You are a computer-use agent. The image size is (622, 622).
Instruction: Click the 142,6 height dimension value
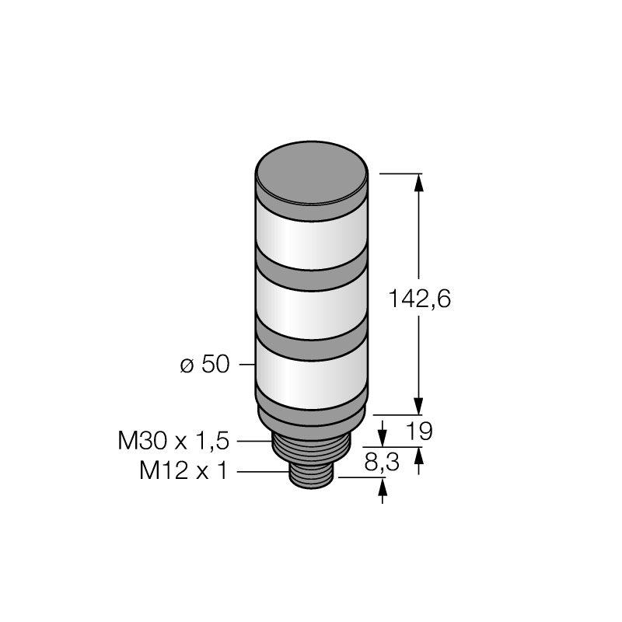(x=419, y=299)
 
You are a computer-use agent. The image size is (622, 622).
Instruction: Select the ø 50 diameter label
(x=204, y=364)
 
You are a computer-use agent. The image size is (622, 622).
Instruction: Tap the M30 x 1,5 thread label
(x=173, y=441)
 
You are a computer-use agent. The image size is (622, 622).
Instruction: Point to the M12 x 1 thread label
(x=184, y=471)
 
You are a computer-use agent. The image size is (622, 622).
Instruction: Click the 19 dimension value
(x=419, y=432)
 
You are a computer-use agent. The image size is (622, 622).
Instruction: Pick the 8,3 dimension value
(x=382, y=463)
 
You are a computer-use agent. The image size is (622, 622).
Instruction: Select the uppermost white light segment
(x=312, y=236)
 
